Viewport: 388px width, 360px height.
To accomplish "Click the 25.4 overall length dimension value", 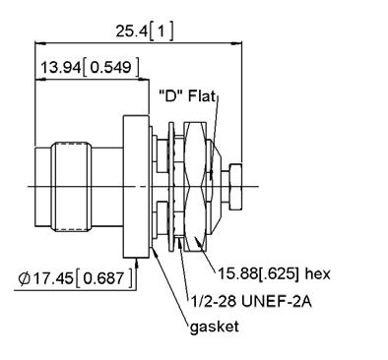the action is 131,31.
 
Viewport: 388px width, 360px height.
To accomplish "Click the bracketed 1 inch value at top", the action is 162,31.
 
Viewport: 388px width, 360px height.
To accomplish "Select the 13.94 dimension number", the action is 60,68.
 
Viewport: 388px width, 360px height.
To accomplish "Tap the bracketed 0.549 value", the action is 110,68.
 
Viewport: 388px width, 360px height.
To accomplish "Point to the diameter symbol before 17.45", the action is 24,278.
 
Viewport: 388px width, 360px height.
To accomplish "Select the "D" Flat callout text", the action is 187,96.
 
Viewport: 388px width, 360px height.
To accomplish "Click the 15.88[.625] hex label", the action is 274,273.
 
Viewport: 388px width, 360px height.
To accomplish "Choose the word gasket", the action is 215,327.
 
